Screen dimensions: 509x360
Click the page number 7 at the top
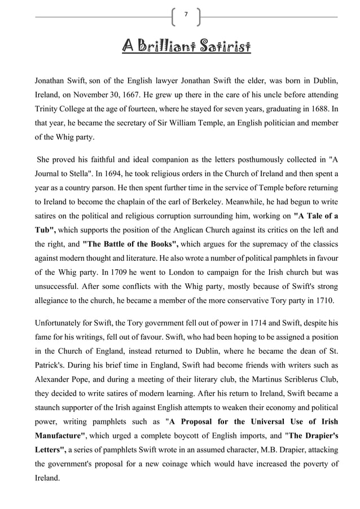click(186, 16)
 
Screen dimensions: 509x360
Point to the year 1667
click(142, 94)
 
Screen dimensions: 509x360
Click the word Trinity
click(48, 109)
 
